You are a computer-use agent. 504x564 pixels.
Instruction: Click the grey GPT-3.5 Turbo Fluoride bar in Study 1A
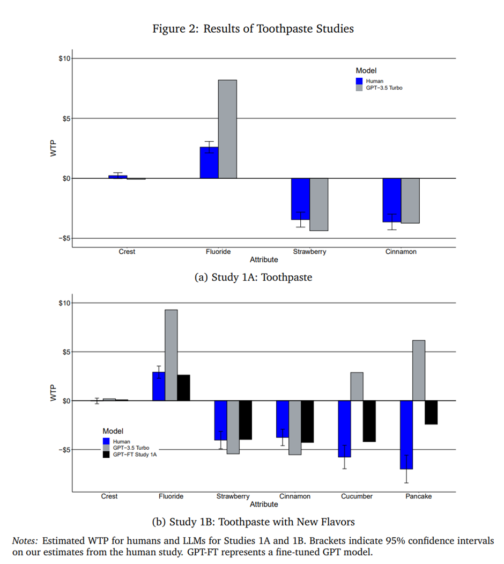click(x=227, y=129)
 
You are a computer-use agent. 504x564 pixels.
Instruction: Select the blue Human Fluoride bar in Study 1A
click(x=209, y=163)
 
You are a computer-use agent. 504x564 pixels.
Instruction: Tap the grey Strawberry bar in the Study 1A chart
click(x=319, y=204)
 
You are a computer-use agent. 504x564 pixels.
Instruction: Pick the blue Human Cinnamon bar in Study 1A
click(x=392, y=200)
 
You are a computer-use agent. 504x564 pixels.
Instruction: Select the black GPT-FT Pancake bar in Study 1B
click(x=431, y=412)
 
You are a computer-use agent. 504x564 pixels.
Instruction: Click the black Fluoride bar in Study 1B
click(x=183, y=387)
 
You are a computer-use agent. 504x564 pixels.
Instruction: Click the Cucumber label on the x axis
click(x=357, y=496)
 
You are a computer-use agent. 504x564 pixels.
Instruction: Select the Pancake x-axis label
click(x=419, y=496)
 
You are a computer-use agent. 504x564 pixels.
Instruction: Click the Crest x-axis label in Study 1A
click(x=127, y=252)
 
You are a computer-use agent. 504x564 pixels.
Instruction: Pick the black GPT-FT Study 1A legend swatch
click(x=106, y=455)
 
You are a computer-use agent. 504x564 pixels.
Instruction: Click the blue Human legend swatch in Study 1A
click(x=359, y=81)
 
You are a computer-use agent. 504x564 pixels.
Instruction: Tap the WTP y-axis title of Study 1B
click(x=53, y=396)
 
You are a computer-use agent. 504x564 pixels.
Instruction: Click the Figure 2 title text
click(x=253, y=29)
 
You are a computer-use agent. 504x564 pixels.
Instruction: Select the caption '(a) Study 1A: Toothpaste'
click(x=253, y=277)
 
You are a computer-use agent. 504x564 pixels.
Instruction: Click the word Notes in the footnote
click(x=25, y=541)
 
